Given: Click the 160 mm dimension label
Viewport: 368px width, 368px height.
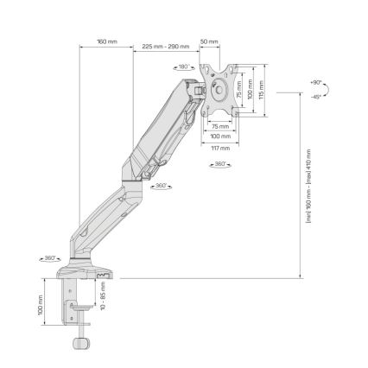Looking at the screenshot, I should click(107, 41).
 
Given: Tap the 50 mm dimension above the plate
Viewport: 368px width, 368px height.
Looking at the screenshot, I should click(209, 41).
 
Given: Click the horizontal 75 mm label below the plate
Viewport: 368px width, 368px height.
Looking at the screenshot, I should click(220, 126).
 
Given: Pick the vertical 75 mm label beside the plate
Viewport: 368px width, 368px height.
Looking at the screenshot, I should click(239, 89).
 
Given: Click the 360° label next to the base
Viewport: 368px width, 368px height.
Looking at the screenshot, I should click(50, 257).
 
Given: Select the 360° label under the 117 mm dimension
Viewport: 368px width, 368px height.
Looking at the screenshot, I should click(219, 163).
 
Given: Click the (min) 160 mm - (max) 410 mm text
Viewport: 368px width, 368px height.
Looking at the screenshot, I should click(308, 187).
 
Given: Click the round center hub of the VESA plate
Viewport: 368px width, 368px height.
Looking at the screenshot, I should click(216, 89).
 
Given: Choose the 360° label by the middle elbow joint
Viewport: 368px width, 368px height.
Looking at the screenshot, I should click(161, 186).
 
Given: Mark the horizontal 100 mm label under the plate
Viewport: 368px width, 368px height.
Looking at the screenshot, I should click(219, 136).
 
